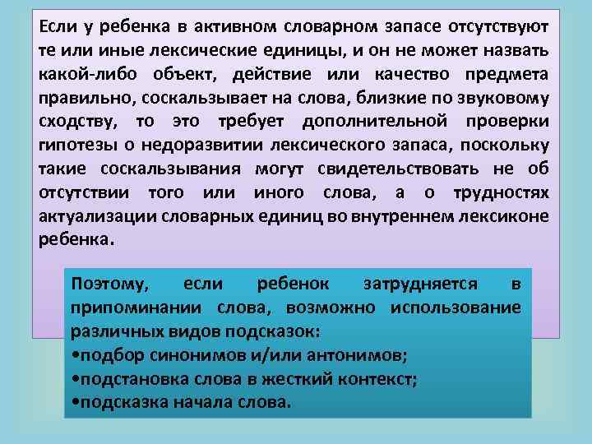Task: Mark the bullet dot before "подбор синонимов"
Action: click(x=76, y=356)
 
